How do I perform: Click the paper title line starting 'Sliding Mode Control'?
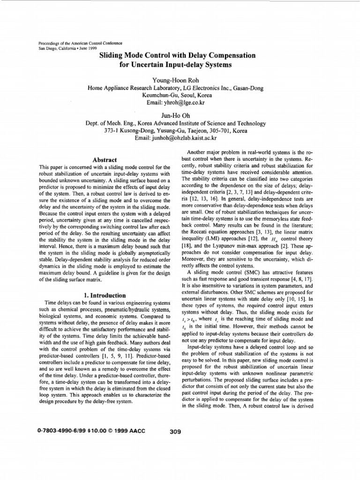(x=178, y=55)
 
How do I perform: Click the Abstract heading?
(x=105, y=159)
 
